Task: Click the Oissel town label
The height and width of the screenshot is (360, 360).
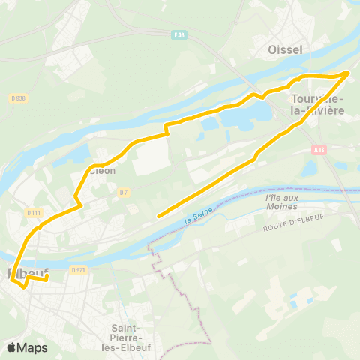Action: pos(285,49)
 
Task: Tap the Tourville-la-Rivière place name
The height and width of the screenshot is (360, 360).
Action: pos(317,104)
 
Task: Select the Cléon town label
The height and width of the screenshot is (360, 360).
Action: pos(103,170)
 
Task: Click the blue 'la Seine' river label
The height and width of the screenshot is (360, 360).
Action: pos(198,216)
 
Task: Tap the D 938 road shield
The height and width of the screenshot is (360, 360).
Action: pos(19,97)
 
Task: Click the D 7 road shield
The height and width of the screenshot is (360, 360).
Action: pos(124,192)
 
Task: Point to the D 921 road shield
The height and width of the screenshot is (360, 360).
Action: pos(78,269)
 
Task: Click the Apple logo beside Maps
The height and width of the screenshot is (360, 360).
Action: pos(13,347)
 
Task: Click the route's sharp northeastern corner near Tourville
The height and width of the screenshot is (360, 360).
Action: pos(349,72)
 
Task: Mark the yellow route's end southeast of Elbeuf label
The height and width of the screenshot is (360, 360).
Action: pos(47,280)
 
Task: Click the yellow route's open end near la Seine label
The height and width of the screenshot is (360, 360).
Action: pos(158,217)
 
